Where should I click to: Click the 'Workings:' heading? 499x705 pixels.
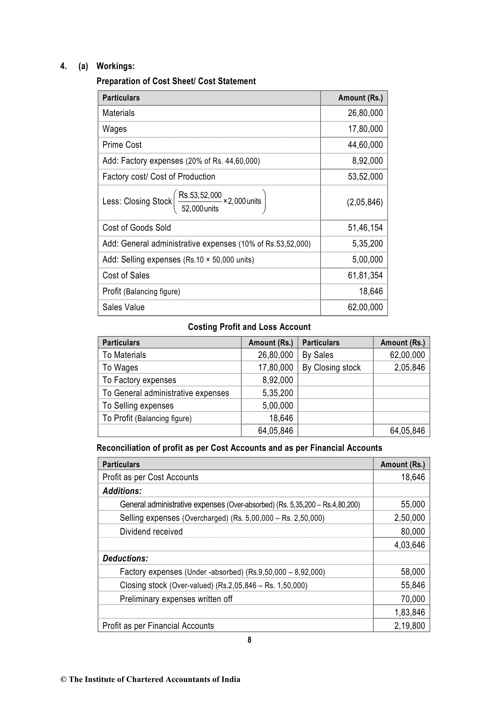click(115, 66)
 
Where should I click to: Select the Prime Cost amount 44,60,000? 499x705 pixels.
click(365, 145)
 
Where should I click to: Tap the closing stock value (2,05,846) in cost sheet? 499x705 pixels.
click(365, 202)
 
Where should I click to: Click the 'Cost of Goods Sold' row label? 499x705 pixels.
click(137, 228)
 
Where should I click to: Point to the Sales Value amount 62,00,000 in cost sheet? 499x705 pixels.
click(365, 307)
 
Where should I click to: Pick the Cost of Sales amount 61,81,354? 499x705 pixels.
click(365, 275)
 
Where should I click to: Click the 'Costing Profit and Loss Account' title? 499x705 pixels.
click(249, 327)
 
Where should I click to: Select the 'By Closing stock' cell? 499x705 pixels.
click(331, 368)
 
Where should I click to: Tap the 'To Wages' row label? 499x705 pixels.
click(120, 368)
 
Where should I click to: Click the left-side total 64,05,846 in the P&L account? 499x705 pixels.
click(275, 431)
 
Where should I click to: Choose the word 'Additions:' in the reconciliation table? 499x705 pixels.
click(122, 491)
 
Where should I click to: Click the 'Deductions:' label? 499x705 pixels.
click(125, 558)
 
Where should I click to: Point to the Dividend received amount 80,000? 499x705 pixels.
click(413, 532)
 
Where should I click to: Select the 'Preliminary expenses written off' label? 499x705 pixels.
click(176, 599)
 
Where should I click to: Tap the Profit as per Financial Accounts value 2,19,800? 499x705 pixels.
click(409, 626)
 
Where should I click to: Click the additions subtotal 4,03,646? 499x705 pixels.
click(409, 545)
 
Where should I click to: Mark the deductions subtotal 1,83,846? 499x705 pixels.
click(409, 612)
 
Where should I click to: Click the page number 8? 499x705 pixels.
click(249, 640)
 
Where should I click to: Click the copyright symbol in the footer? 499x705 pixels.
click(64, 679)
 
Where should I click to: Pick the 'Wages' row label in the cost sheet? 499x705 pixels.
click(114, 129)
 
